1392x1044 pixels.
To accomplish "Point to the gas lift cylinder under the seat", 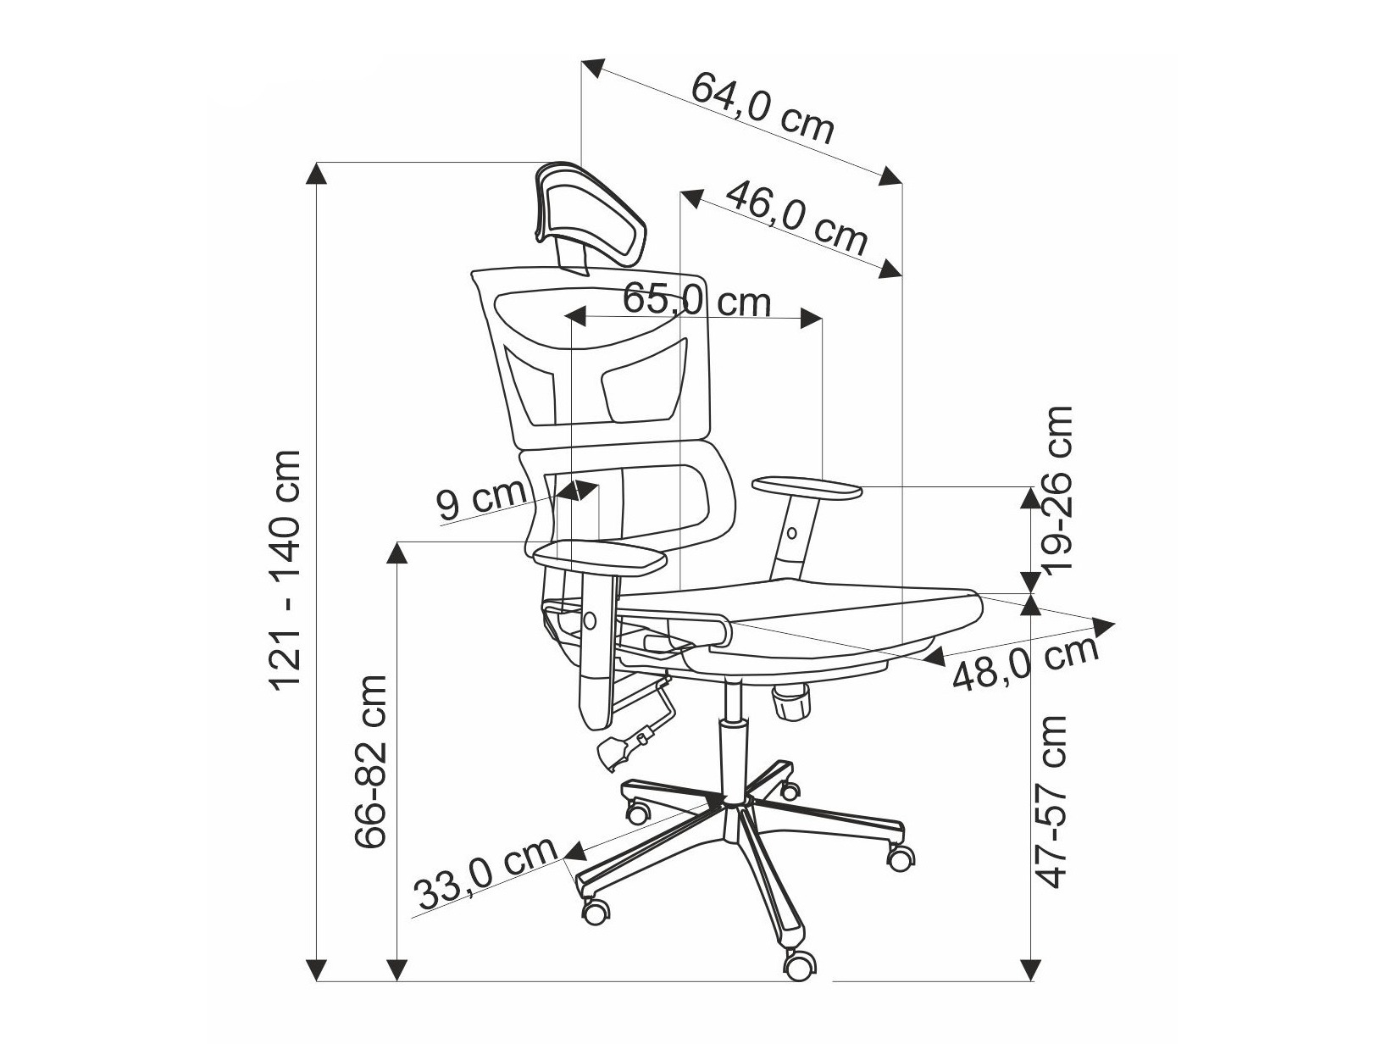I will [732, 746].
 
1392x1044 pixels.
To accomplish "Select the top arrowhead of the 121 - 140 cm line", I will [316, 174].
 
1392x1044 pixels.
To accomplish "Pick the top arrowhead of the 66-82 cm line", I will [397, 553].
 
